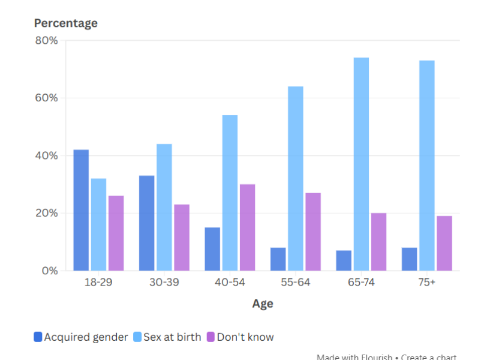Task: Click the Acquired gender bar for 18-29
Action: coord(81,210)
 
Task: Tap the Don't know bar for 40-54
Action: coord(247,227)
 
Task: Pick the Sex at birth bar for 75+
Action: coord(427,166)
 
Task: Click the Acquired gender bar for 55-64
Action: coord(278,259)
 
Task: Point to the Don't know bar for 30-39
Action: coord(182,238)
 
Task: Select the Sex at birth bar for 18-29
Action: coord(98,224)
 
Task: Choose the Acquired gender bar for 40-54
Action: coord(212,249)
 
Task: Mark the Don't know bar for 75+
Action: coord(444,243)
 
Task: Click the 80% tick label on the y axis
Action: coord(46,41)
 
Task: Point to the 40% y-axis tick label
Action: coord(46,156)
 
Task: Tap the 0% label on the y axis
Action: coord(50,271)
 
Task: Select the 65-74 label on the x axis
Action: coord(361,283)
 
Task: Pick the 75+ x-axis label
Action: coord(427,283)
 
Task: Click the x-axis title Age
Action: coord(263,304)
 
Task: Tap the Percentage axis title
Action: coord(65,23)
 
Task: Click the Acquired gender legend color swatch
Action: coord(38,337)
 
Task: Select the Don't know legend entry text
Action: coord(245,337)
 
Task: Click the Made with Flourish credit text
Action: coord(354,356)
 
